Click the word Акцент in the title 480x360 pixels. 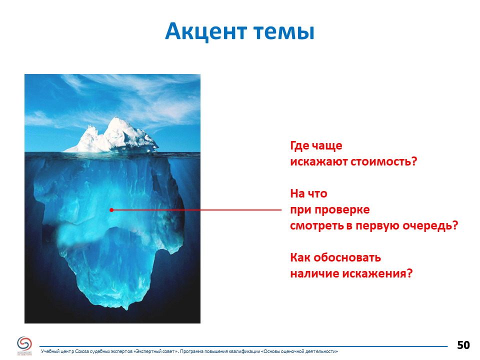coord(206,31)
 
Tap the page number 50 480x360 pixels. coord(463,345)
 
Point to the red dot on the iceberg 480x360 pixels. coord(111,210)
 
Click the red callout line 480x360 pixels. coord(196,210)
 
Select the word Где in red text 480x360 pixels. coord(299,145)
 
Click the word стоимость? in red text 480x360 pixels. coord(383,161)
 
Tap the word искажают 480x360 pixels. coord(318,161)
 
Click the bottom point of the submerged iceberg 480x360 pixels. coord(126,310)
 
